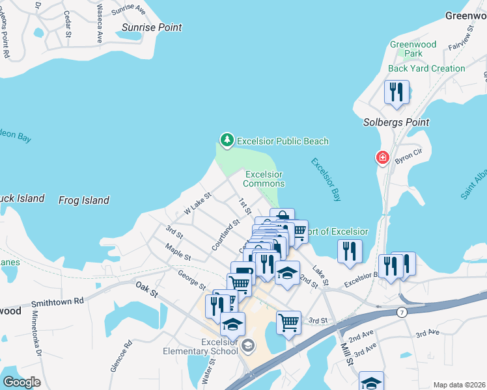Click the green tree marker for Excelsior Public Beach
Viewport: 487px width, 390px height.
click(227, 140)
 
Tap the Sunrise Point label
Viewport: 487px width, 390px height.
click(152, 28)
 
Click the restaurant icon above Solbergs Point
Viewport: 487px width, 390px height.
click(397, 92)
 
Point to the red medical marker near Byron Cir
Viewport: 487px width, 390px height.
click(382, 158)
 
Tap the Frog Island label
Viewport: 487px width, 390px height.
click(84, 200)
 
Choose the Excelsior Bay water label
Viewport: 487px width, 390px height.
click(326, 180)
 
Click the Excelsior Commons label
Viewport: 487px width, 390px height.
click(264, 179)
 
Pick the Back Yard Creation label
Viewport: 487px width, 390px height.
click(426, 68)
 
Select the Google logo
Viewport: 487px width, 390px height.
click(21, 382)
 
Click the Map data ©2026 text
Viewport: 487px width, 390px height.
click(459, 385)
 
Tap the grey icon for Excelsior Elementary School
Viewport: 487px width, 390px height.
click(247, 346)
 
